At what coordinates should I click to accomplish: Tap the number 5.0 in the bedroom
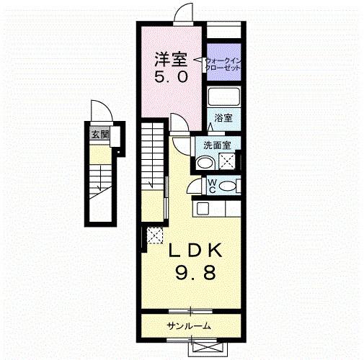172,75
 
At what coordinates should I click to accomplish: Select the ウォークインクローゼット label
223,63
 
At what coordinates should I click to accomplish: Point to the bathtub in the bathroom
225,96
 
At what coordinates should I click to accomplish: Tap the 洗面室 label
216,145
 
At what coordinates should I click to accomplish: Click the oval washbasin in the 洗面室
205,163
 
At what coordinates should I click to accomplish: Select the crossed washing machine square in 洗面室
228,163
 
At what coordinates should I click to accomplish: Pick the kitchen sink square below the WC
203,208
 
